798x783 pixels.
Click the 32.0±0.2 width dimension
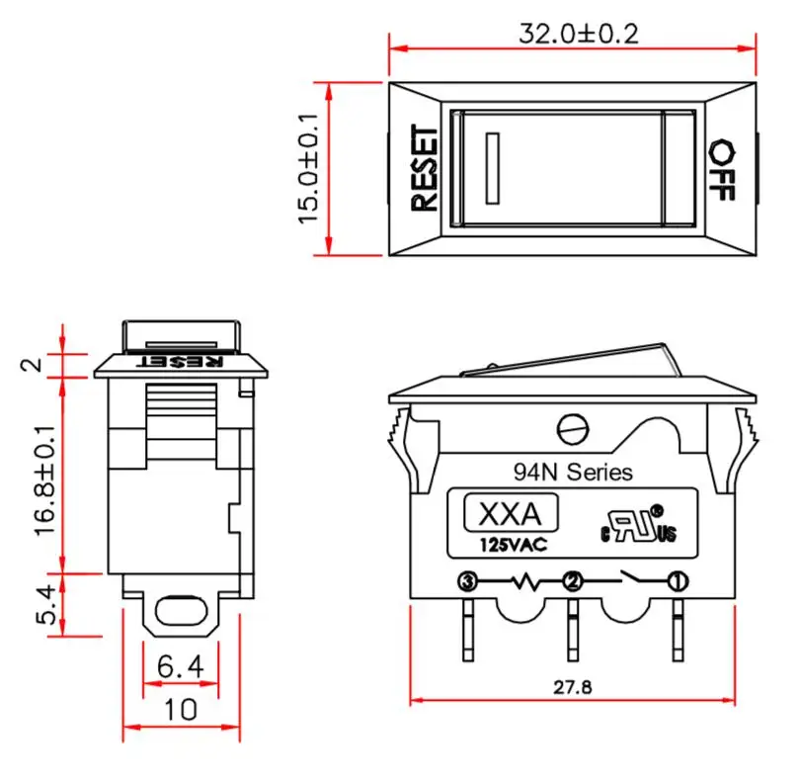[x=579, y=34]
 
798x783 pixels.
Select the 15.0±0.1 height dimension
[x=310, y=167]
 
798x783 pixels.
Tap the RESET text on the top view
[x=423, y=167]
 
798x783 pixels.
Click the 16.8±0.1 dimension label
[x=45, y=480]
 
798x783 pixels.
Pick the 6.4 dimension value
[x=180, y=668]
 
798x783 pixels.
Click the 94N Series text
[x=573, y=473]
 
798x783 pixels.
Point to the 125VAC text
[x=514, y=545]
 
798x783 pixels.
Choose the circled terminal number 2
[x=572, y=581]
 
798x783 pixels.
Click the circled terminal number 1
[x=678, y=581]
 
